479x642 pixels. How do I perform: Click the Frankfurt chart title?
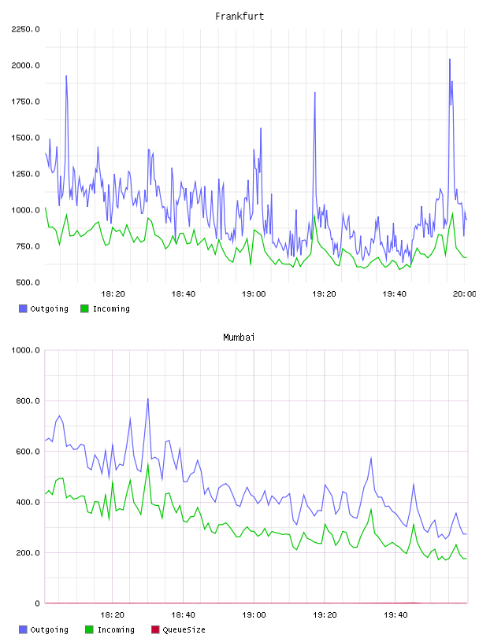(239, 17)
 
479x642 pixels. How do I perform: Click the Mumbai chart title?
(239, 338)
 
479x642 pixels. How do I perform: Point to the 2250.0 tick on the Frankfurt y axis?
(25, 29)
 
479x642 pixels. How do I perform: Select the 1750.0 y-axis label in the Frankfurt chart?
(25, 101)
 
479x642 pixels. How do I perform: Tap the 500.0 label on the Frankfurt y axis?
(28, 282)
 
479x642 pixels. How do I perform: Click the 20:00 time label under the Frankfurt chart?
(464, 294)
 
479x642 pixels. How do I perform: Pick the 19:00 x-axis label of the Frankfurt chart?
(254, 294)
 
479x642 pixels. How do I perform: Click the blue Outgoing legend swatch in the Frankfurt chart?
(23, 308)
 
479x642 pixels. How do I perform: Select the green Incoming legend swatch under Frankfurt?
(84, 308)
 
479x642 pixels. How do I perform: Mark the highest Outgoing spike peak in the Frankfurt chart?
(450, 59)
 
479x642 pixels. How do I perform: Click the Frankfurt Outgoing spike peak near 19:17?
(315, 93)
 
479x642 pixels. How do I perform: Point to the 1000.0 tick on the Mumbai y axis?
(25, 350)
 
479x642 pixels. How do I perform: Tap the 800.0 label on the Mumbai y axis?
(28, 400)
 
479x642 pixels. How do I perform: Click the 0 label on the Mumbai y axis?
(37, 603)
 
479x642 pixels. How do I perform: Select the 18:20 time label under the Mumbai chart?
(113, 615)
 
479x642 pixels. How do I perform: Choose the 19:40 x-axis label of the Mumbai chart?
(395, 615)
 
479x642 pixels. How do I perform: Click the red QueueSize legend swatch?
(155, 629)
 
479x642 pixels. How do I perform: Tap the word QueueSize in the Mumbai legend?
(184, 629)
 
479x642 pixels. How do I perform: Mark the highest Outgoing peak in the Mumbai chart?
(147, 398)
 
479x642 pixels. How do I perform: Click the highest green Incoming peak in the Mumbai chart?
(148, 465)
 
